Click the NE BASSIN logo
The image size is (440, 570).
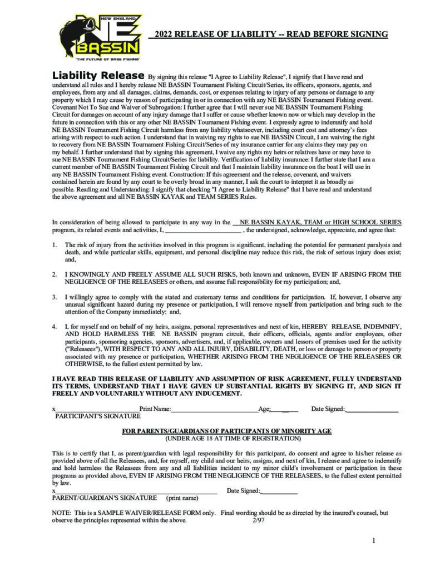pos(100,35)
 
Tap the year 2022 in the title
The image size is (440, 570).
pos(165,35)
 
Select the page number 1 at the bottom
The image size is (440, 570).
pos(374,540)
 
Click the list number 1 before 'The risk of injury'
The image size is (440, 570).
pos(55,244)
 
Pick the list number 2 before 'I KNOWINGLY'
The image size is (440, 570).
pos(55,274)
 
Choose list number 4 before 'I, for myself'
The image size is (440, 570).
pos(55,325)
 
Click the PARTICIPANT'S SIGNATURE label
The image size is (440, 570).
pos(97,416)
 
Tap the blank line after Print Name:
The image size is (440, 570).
pos(214,410)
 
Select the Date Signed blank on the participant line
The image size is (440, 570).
pos(372,410)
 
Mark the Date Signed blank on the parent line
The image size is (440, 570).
pos(279,492)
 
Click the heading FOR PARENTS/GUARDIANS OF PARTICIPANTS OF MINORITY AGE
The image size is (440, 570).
pos(226,431)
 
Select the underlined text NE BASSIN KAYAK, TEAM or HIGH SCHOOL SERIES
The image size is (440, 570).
pos(319,222)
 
